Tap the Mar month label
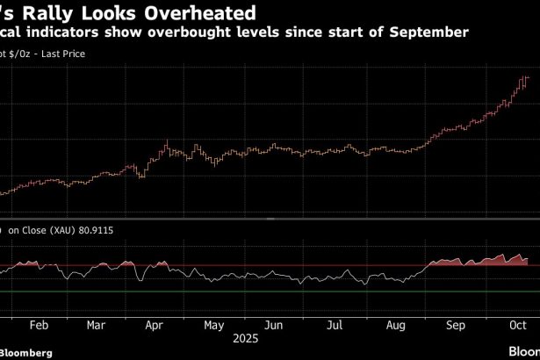click(x=97, y=323)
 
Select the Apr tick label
click(x=155, y=323)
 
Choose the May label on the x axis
click(x=213, y=323)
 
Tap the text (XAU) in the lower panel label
click(x=68, y=231)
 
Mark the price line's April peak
click(x=167, y=140)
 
